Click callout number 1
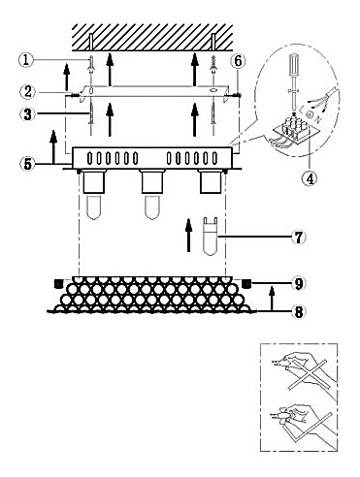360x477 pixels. coord(25,60)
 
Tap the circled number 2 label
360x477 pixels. coord(28,91)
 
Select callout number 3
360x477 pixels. coord(28,113)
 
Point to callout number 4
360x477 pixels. coord(310,177)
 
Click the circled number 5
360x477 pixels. coord(28,164)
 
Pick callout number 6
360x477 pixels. coord(238,61)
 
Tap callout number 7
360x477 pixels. coord(299,238)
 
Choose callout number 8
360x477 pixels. coord(299,312)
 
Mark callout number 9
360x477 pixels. coord(299,283)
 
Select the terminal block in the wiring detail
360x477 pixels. coord(294,128)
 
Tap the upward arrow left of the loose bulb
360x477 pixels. coord(188,235)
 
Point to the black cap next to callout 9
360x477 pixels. coord(246,283)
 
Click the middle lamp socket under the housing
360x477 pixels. coord(151,181)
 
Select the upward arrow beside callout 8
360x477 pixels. coord(273,299)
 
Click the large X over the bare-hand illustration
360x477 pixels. coord(310,374)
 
